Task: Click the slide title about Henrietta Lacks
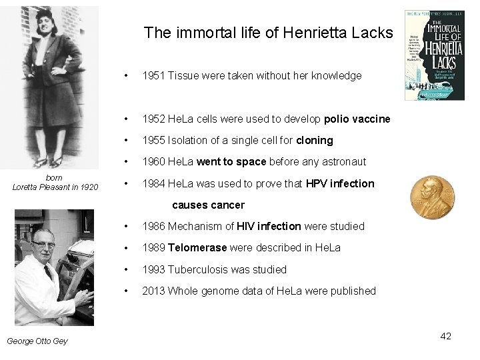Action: [x=269, y=32]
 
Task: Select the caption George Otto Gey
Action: [x=37, y=341]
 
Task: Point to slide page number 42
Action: [x=446, y=336]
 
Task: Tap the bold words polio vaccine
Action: [x=357, y=119]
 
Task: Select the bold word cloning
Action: [x=315, y=140]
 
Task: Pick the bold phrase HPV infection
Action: [x=340, y=183]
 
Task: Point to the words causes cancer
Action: [x=209, y=205]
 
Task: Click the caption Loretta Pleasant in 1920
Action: [x=55, y=187]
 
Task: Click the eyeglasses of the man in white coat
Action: [x=45, y=244]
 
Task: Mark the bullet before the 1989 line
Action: [x=127, y=248]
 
